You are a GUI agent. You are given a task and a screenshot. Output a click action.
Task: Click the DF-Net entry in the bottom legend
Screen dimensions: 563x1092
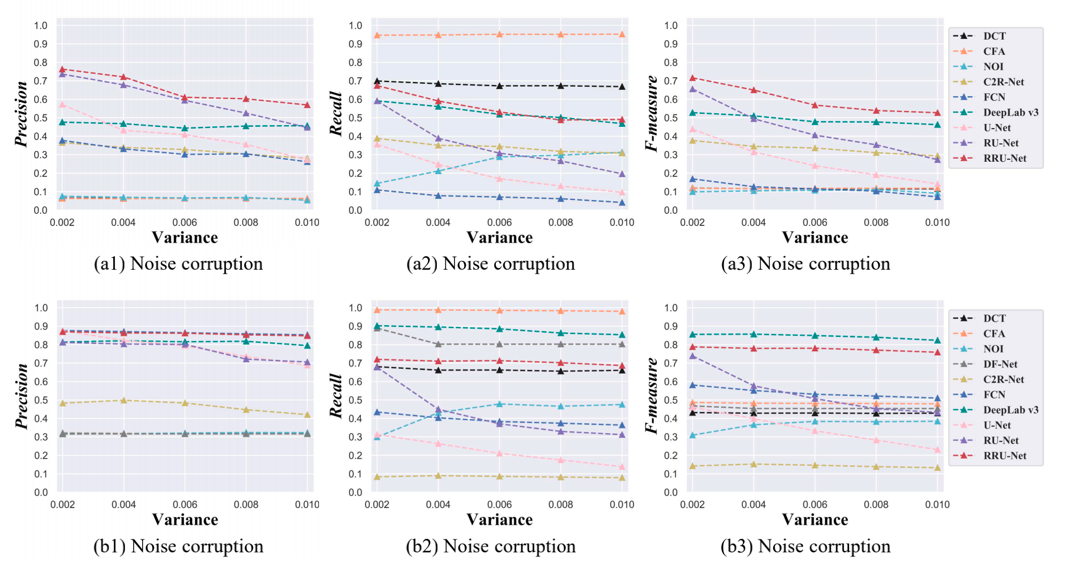[x=999, y=364]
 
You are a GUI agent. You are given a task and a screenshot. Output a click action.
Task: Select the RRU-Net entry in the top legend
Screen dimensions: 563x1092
[x=1004, y=158]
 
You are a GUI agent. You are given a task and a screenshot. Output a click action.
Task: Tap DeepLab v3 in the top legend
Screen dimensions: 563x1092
[x=1010, y=112]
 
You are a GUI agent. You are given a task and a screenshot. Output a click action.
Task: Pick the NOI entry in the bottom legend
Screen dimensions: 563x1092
[x=993, y=349]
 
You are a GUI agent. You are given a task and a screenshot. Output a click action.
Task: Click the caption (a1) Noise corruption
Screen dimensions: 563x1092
[x=178, y=264]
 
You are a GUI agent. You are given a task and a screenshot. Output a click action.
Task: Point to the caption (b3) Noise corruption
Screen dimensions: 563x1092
[x=805, y=546]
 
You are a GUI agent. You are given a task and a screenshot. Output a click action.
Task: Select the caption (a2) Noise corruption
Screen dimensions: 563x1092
[x=491, y=264]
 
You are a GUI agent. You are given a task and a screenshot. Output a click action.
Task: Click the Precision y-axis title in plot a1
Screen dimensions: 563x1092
[x=22, y=114]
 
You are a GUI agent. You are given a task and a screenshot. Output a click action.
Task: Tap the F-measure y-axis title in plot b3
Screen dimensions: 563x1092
[x=652, y=395]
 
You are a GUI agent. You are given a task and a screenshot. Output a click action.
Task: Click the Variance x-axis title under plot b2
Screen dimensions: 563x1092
[x=499, y=520]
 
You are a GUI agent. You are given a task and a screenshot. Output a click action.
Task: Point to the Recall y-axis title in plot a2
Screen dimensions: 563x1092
[x=336, y=114]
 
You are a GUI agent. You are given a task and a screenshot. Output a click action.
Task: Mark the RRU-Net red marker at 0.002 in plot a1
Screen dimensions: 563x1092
[x=62, y=70]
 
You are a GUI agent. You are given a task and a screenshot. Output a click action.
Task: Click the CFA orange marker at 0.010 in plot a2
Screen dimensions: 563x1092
[x=621, y=34]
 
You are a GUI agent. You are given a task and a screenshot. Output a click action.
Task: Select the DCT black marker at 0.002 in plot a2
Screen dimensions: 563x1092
[x=377, y=81]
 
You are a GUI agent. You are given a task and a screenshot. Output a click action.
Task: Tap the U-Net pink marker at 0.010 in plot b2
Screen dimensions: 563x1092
[x=621, y=467]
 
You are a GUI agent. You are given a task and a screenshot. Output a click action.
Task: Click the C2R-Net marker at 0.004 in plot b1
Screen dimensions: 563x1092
[x=123, y=400]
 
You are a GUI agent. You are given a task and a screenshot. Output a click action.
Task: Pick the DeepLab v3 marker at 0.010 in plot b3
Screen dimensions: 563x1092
[x=937, y=340]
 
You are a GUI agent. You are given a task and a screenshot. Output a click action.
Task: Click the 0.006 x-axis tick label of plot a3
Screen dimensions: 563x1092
[x=814, y=222]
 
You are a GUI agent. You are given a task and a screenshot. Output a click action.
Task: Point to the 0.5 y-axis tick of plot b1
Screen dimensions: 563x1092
[x=41, y=400]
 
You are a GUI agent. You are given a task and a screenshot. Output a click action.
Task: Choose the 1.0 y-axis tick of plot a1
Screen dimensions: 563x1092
[x=41, y=25]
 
